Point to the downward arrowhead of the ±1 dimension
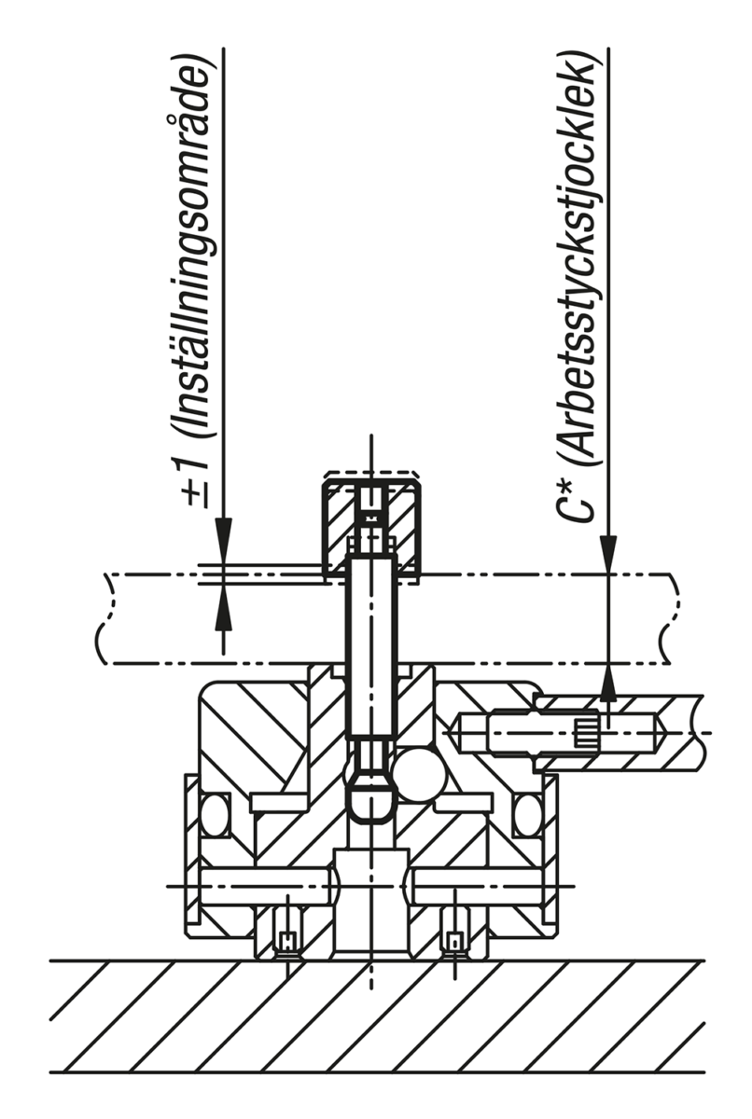pyautogui.click(x=223, y=542)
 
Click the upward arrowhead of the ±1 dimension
pyautogui.click(x=223, y=607)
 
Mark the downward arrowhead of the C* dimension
pyautogui.click(x=608, y=555)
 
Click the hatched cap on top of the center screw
pyautogui.click(x=370, y=524)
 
